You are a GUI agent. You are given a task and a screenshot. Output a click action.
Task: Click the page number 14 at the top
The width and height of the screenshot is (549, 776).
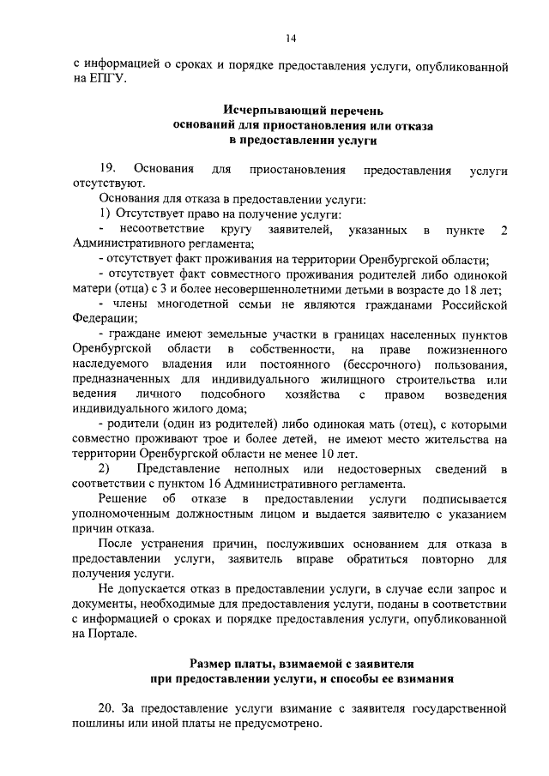tap(291, 39)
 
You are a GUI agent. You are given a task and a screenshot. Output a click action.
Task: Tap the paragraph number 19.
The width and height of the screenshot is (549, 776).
tap(107, 170)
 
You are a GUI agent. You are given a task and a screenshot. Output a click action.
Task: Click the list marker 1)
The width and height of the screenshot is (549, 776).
tap(103, 214)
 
